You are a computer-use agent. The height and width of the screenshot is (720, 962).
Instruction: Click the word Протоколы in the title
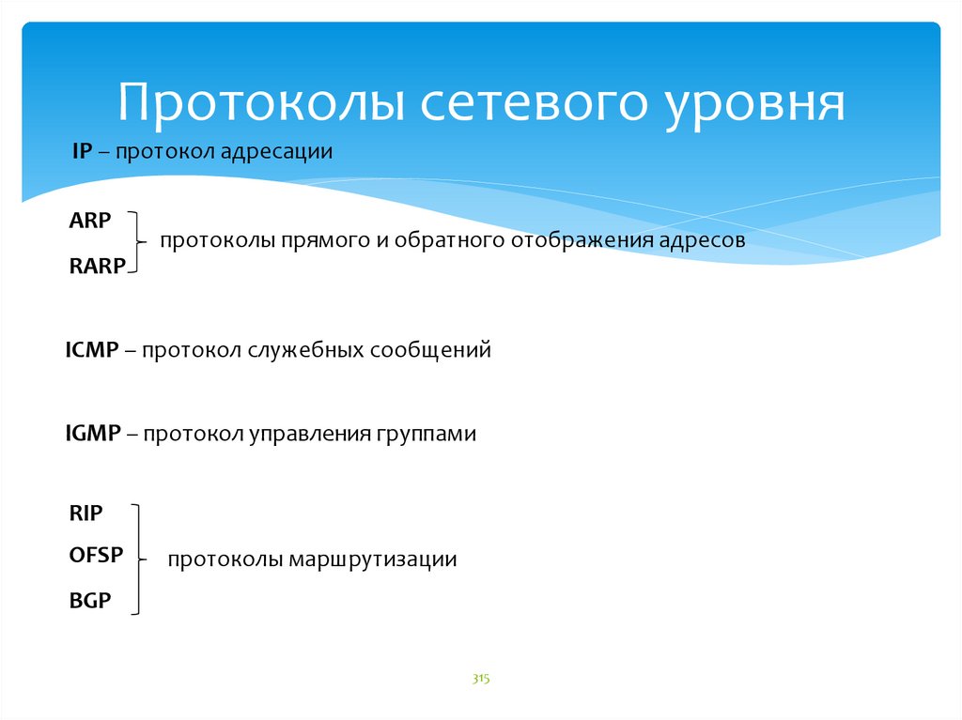pos(261,101)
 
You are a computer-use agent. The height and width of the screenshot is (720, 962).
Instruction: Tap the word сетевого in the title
pos(534,101)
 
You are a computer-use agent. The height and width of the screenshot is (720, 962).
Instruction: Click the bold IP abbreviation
pos(83,151)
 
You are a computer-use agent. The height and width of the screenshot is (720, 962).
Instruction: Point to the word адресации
pos(276,152)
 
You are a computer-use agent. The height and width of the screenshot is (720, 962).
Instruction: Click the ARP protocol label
pos(90,221)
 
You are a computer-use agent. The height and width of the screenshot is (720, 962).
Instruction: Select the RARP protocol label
pos(98,267)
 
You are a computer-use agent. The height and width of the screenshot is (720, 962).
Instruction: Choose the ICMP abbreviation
pos(92,349)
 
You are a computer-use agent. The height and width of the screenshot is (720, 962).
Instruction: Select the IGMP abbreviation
pos(93,433)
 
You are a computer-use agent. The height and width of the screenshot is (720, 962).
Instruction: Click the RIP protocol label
pos(85,513)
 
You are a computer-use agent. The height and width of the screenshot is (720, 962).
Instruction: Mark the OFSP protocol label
pos(97,555)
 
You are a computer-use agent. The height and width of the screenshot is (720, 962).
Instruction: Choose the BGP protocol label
pos(90,601)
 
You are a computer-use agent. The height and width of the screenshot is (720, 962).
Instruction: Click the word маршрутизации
pos(373,559)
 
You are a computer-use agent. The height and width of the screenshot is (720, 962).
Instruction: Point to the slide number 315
pos(481,679)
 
